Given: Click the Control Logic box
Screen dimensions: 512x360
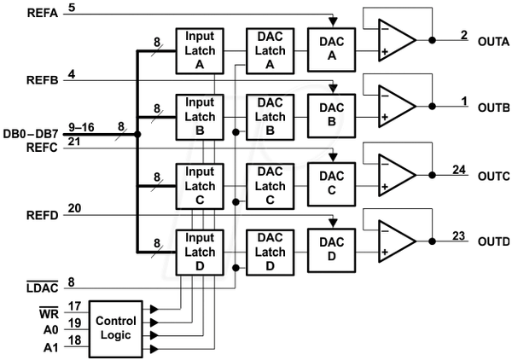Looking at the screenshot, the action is pyautogui.click(x=116, y=328).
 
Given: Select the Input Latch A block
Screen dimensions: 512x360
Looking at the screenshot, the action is pyautogui.click(x=200, y=51).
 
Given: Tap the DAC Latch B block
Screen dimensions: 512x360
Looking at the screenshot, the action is pyautogui.click(x=270, y=117).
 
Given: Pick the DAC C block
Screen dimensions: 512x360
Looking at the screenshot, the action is pyautogui.click(x=331, y=184).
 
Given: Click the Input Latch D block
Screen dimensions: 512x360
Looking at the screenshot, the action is pyautogui.click(x=200, y=253).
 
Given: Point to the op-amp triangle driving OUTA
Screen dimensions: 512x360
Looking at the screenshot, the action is pyautogui.click(x=397, y=40).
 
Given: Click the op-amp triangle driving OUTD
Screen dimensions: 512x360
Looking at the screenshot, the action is pyautogui.click(x=397, y=241).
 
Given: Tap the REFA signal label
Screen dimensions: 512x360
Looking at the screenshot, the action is pyautogui.click(x=43, y=13).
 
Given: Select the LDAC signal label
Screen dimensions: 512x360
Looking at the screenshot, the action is pyautogui.click(x=43, y=287).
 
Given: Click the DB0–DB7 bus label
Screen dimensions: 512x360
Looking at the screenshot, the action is pyautogui.click(x=31, y=134).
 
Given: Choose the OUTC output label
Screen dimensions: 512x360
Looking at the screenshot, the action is pyautogui.click(x=494, y=177).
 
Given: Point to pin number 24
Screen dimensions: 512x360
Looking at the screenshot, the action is pyautogui.click(x=459, y=170).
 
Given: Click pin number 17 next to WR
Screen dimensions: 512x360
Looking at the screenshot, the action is pyautogui.click(x=74, y=306).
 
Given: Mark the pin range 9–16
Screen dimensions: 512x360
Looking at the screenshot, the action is pyautogui.click(x=81, y=127).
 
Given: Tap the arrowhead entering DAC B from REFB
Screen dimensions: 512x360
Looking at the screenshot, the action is pyautogui.click(x=333, y=88).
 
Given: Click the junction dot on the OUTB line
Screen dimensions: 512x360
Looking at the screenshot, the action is pyautogui.click(x=433, y=107).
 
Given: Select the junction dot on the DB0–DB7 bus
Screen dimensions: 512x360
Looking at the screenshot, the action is pyautogui.click(x=137, y=134).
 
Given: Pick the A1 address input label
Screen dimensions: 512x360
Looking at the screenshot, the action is pyautogui.click(x=50, y=348).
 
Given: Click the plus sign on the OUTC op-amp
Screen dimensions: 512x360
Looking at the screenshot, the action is pyautogui.click(x=385, y=187).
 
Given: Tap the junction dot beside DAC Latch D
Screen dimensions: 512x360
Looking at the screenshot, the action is pyautogui.click(x=236, y=268).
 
